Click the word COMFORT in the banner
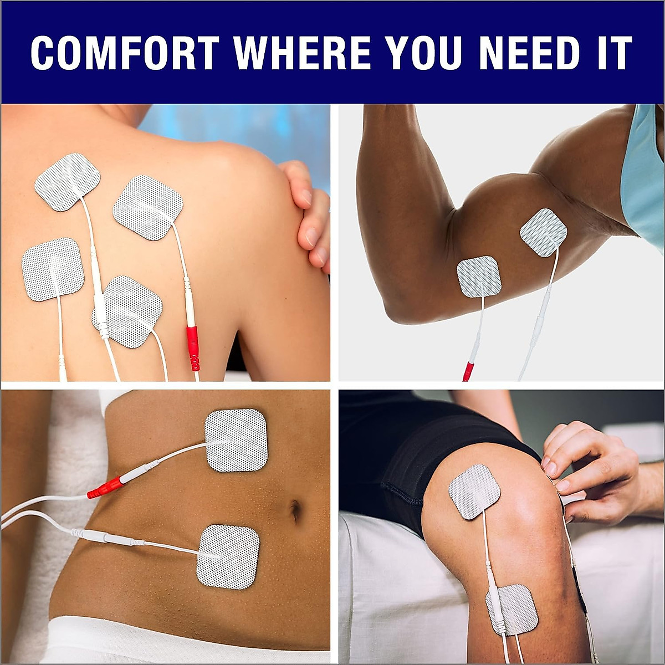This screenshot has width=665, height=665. pyautogui.click(x=124, y=53)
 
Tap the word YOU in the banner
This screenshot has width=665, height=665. pyautogui.click(x=424, y=53)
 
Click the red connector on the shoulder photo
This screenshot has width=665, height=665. pyautogui.click(x=192, y=347)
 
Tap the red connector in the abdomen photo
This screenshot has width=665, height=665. pyautogui.click(x=105, y=487)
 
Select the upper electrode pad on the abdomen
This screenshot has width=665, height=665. pyautogui.click(x=236, y=440)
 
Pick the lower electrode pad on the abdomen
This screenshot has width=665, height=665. pyautogui.click(x=228, y=556)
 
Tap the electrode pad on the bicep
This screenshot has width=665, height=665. pyautogui.click(x=543, y=232)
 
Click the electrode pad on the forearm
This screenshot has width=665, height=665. pyautogui.click(x=479, y=277)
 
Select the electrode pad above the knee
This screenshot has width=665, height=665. pyautogui.click(x=474, y=491)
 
